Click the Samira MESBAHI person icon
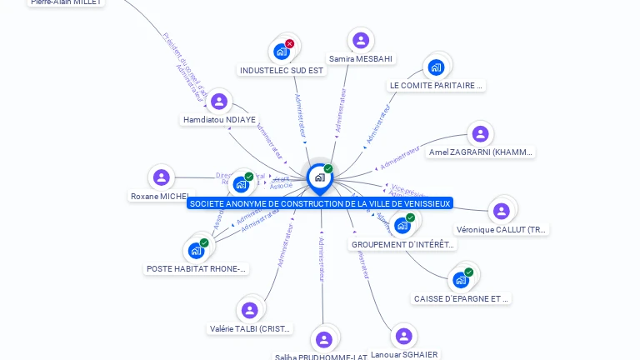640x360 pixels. point(360,40)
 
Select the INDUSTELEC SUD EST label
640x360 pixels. point(282,71)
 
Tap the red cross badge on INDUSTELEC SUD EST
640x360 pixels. point(289,43)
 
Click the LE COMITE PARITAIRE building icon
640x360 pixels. point(436,67)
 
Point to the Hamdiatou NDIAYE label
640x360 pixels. point(219,120)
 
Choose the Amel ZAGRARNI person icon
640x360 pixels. point(480,133)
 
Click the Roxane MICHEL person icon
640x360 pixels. point(162,177)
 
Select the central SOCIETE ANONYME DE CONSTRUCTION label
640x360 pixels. point(320,203)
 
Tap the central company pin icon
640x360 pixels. point(319,177)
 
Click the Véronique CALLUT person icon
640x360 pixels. point(501,211)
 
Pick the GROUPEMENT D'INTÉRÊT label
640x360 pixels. point(403,245)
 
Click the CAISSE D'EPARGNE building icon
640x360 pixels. point(461,280)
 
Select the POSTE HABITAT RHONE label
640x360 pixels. point(197,269)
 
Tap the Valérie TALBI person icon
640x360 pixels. point(249,310)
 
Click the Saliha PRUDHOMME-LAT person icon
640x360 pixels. point(324,339)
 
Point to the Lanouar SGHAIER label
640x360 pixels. point(404,355)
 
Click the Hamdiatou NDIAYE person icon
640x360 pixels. point(219,101)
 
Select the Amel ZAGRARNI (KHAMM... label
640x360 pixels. point(480,152)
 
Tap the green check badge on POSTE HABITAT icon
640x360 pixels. point(204,242)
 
